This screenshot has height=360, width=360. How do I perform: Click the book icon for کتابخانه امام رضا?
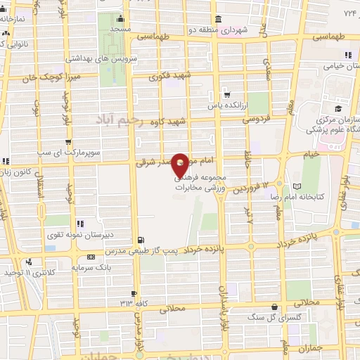pos(297,186)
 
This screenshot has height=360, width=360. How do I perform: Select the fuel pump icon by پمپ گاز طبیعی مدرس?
pos(143,240)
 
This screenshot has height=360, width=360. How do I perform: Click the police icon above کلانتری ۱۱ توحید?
pos(29,262)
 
